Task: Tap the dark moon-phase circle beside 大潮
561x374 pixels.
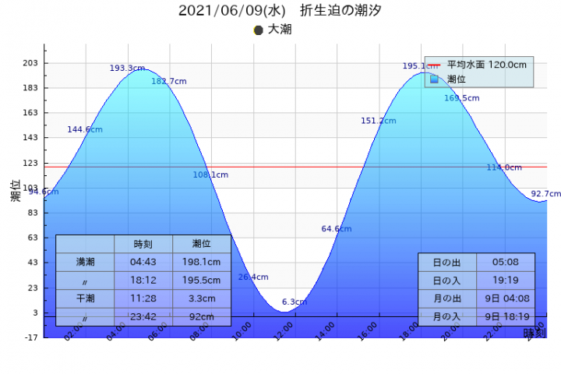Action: pyautogui.click(x=259, y=30)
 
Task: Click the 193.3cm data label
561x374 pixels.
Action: pyautogui.click(x=127, y=69)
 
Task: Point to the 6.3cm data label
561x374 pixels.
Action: pyautogui.click(x=295, y=302)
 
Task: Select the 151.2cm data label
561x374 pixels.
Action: pyautogui.click(x=379, y=121)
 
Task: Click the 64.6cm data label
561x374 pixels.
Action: pyautogui.click(x=337, y=229)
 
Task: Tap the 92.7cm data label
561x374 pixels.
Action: pyautogui.click(x=545, y=194)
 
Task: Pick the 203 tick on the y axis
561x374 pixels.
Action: pyautogui.click(x=30, y=63)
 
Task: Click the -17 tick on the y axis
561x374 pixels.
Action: pyautogui.click(x=30, y=337)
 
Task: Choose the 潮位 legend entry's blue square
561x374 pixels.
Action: pyautogui.click(x=435, y=79)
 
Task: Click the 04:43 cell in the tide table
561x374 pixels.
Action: pyautogui.click(x=143, y=262)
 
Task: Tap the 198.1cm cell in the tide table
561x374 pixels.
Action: pyautogui.click(x=202, y=262)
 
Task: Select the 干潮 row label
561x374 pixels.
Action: pyautogui.click(x=85, y=298)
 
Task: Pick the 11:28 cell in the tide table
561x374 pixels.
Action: pyautogui.click(x=143, y=298)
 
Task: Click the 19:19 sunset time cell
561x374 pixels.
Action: pyautogui.click(x=506, y=280)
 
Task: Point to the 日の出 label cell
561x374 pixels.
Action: pyautogui.click(x=446, y=262)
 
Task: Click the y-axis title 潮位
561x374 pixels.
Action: pyautogui.click(x=16, y=191)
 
